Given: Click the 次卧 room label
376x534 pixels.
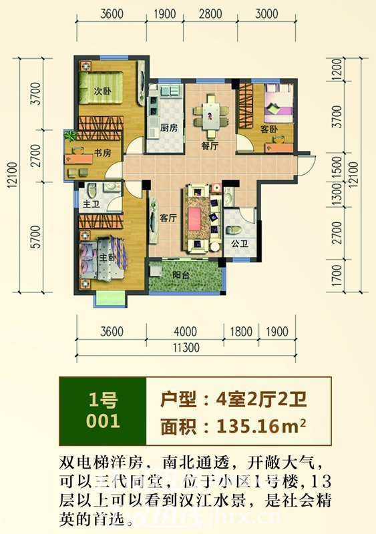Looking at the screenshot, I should (x=102, y=92).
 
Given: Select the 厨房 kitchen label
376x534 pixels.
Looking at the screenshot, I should (x=169, y=127).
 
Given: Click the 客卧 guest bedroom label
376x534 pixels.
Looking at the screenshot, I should (x=270, y=129).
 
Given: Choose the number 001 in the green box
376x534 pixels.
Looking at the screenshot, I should (x=104, y=421).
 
